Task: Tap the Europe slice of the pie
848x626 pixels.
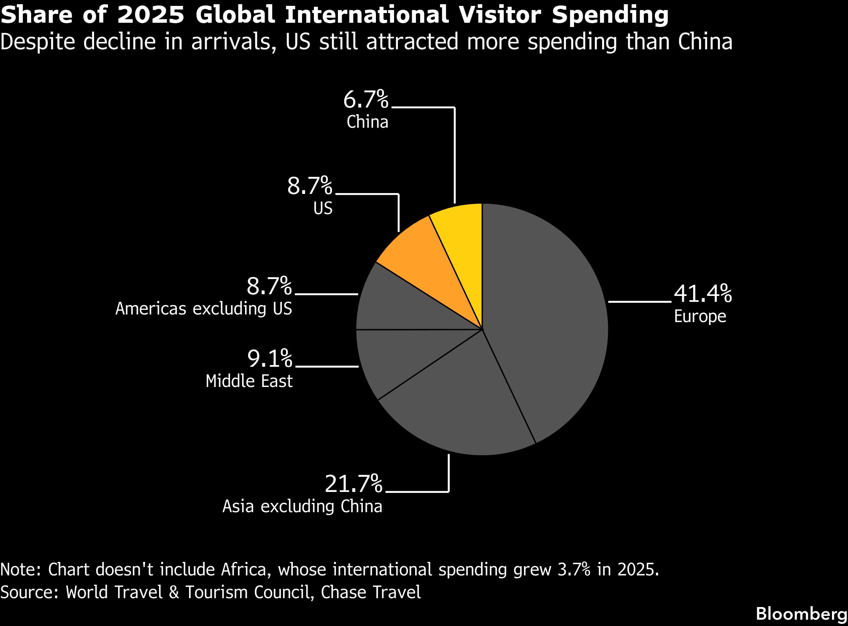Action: pos(548,320)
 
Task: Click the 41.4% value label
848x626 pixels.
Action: pos(703,294)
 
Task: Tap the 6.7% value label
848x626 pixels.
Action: pos(366,100)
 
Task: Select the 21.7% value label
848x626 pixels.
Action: pos(354,484)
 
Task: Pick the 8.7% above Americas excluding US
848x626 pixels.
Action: pos(269,286)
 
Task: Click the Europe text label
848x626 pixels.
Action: pos(700,316)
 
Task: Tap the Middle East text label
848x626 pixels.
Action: pos(249,381)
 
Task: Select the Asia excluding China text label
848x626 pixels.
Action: pos(302,506)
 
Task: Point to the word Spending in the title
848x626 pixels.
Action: pos(610,15)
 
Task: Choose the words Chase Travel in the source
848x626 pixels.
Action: pos(371,592)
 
